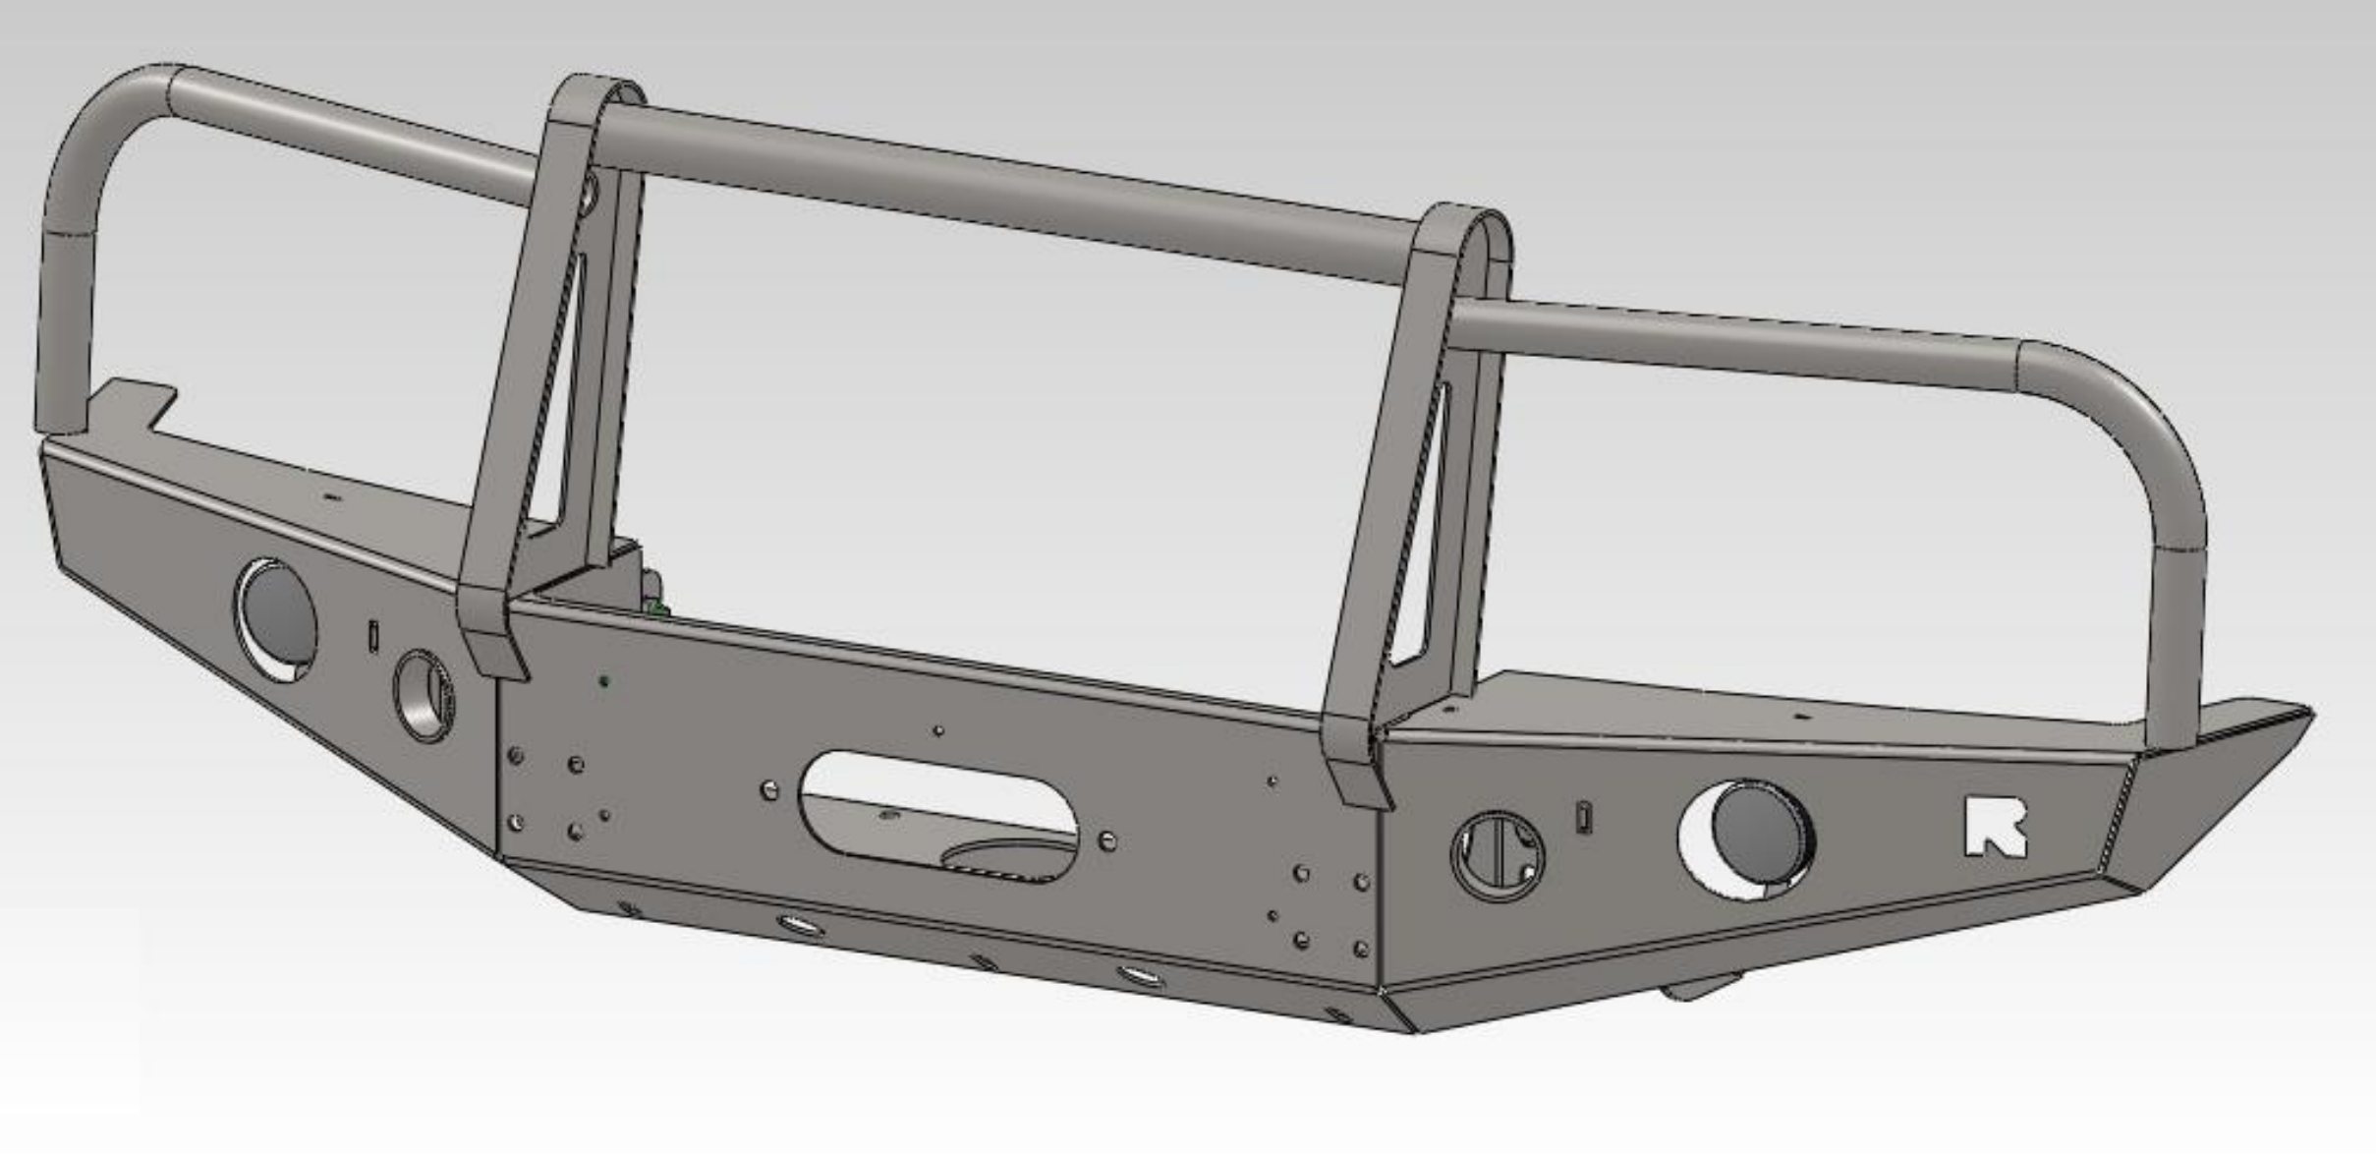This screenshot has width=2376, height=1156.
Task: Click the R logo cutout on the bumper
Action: [x=1994, y=827]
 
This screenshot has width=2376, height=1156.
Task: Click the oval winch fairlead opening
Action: [x=939, y=815]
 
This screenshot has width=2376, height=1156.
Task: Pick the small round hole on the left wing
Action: [x=424, y=694]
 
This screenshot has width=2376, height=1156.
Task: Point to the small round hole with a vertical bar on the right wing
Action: [x=1497, y=853]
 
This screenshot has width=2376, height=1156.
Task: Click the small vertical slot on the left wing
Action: [x=373, y=635]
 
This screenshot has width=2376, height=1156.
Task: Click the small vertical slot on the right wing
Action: [x=1583, y=817]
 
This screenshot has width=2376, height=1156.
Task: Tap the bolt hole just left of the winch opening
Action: [x=770, y=788]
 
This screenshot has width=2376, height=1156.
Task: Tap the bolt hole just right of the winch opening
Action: [x=1107, y=840]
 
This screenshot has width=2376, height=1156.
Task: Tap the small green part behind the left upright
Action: [x=656, y=608]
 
